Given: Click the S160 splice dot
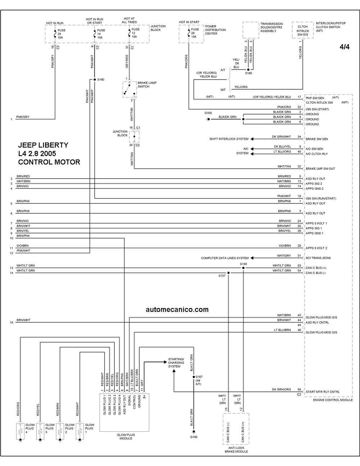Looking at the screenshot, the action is click(95, 80).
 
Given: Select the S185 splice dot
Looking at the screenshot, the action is click(248, 70).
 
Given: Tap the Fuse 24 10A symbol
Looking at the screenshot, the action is click(55, 34).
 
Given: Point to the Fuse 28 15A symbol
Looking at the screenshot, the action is click(189, 33).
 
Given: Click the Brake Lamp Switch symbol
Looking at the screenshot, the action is click(130, 89).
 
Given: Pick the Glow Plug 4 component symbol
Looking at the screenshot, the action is click(21, 432).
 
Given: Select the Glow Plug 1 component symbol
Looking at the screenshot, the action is click(80, 432).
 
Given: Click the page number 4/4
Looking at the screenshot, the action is click(345, 47).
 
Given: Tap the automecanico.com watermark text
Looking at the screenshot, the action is click(177, 309).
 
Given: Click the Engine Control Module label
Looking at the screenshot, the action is click(333, 400).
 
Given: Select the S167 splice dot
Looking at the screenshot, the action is click(194, 377).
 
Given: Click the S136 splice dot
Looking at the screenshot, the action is click(243, 268).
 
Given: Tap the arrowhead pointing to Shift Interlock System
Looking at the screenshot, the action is click(252, 139).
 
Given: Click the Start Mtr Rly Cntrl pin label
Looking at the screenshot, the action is click(323, 392).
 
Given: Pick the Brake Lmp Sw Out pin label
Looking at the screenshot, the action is click(320, 169).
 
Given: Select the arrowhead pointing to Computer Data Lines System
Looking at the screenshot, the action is click(252, 258).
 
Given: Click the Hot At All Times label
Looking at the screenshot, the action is click(129, 21).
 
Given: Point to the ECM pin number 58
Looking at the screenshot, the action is click(299, 389).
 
